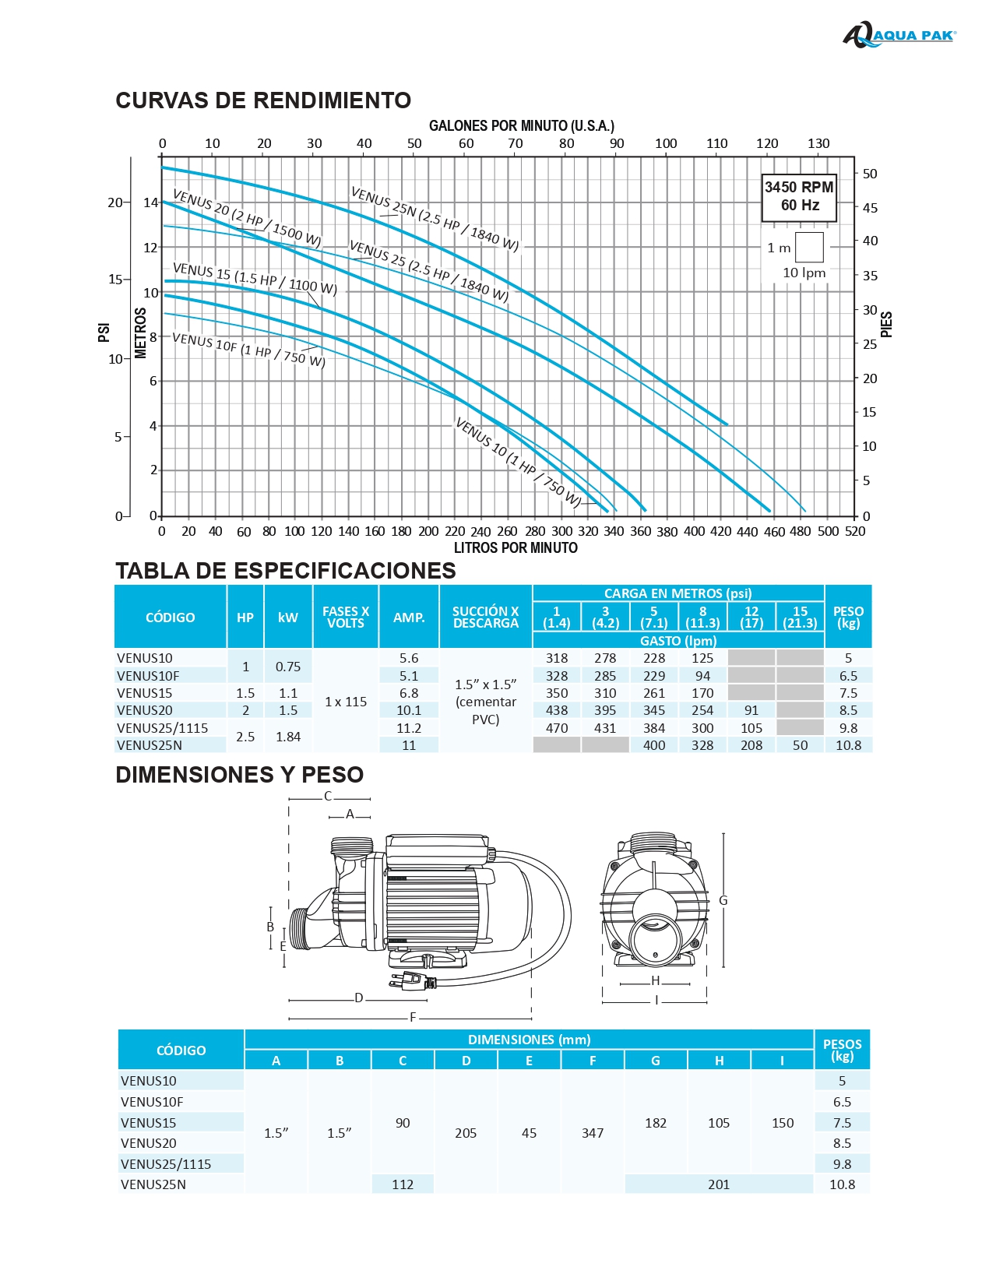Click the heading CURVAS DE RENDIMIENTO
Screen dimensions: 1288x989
click(x=263, y=100)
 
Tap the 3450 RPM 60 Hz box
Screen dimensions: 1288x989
click(x=798, y=197)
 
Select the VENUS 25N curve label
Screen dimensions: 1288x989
click(x=435, y=218)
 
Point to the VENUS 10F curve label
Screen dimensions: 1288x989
click(x=248, y=350)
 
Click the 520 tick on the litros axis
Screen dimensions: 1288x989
click(x=854, y=531)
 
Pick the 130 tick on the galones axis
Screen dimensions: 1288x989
click(x=818, y=143)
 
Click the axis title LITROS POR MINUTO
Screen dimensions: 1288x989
click(x=516, y=548)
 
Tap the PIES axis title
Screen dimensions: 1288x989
click(x=886, y=325)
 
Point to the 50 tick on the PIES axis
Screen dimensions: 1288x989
click(x=869, y=174)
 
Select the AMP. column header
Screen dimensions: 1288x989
click(x=409, y=618)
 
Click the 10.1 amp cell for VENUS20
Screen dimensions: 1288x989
click(x=409, y=710)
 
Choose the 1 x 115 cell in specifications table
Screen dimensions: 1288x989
click(x=346, y=702)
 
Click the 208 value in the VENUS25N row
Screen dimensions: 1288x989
click(x=751, y=745)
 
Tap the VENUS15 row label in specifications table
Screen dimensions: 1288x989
click(x=144, y=693)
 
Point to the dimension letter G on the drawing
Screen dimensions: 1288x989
click(x=723, y=901)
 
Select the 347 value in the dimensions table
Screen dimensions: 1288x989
click(x=593, y=1133)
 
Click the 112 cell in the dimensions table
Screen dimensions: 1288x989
click(x=403, y=1184)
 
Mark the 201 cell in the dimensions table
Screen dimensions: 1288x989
click(x=719, y=1184)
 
